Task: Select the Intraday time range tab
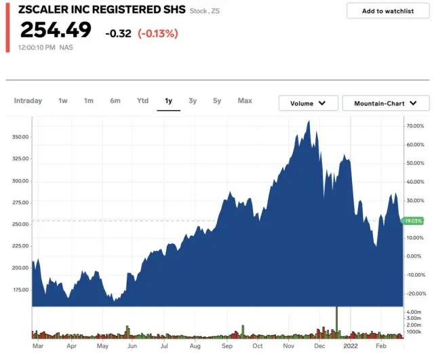point(28,101)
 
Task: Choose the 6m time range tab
point(115,101)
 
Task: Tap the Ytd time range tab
point(142,101)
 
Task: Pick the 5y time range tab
point(217,101)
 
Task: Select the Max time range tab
point(245,101)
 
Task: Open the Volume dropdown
point(309,103)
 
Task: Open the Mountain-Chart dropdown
point(386,103)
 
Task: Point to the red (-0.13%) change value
point(158,33)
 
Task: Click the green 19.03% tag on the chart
point(413,220)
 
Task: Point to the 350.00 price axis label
point(20,137)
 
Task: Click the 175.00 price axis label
point(20,289)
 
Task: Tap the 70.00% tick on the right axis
point(414,126)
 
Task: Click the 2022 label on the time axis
point(350,346)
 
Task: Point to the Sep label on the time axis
point(226,346)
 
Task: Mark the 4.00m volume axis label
point(413,312)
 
